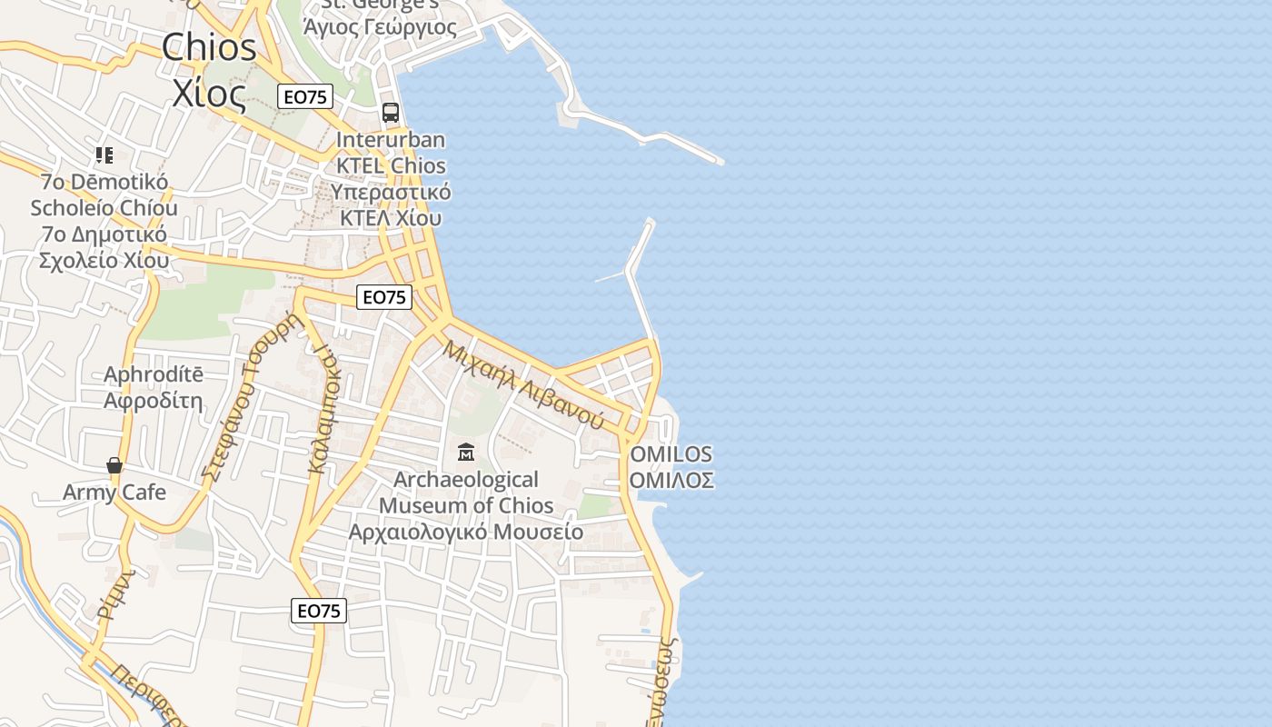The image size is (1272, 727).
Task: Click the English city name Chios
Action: (x=209, y=48)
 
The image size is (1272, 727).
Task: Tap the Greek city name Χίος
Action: (x=209, y=93)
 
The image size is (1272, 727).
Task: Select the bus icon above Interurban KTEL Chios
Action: (x=391, y=113)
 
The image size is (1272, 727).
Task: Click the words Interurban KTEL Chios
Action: (x=391, y=153)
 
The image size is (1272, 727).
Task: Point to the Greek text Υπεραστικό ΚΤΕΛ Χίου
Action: (x=391, y=205)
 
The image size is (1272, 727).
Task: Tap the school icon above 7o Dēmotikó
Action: (x=104, y=155)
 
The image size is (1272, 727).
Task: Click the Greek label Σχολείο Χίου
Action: (x=104, y=261)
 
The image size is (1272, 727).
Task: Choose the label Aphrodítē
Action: (x=154, y=374)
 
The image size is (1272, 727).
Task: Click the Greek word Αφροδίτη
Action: (x=154, y=401)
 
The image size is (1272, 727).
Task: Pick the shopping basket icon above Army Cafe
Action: (x=114, y=466)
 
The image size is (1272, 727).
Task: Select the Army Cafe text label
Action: (x=114, y=493)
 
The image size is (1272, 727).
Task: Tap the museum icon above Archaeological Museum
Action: (x=466, y=452)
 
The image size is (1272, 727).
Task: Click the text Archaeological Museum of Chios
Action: (x=466, y=492)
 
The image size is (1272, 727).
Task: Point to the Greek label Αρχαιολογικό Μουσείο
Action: (x=466, y=532)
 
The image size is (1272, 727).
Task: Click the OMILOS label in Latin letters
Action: (x=671, y=454)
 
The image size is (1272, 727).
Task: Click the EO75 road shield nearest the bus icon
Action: (x=305, y=96)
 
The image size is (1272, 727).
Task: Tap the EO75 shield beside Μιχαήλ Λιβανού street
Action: (x=384, y=297)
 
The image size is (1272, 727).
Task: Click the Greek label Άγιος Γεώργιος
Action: (x=380, y=27)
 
